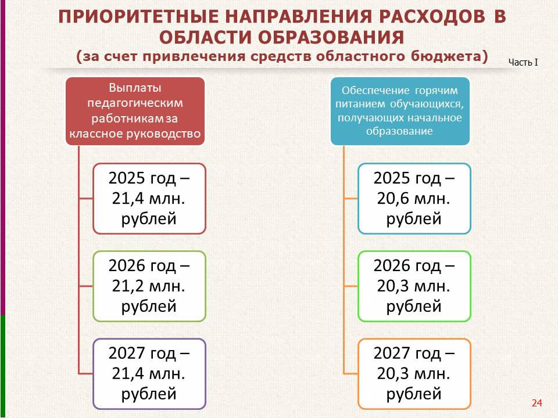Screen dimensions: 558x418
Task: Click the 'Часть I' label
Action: tap(523, 63)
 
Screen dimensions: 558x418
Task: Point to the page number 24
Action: tap(536, 403)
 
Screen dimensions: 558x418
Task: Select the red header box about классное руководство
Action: tap(135, 111)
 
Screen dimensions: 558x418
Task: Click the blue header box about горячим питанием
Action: tap(400, 111)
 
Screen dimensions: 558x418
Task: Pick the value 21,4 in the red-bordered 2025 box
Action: tap(128, 199)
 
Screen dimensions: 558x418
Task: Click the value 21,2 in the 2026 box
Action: tap(128, 286)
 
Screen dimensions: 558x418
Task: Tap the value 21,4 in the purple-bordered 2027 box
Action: tap(128, 373)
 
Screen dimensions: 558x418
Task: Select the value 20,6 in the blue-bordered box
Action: tap(393, 199)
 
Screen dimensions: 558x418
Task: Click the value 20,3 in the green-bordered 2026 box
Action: tap(393, 286)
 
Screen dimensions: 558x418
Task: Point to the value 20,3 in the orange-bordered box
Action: tap(393, 373)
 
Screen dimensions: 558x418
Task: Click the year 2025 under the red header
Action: tap(127, 178)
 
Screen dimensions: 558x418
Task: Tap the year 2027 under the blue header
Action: tap(392, 354)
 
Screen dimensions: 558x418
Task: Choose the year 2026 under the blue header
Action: tap(392, 266)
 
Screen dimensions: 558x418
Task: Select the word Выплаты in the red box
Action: tap(135, 88)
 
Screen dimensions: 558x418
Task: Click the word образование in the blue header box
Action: tap(399, 131)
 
